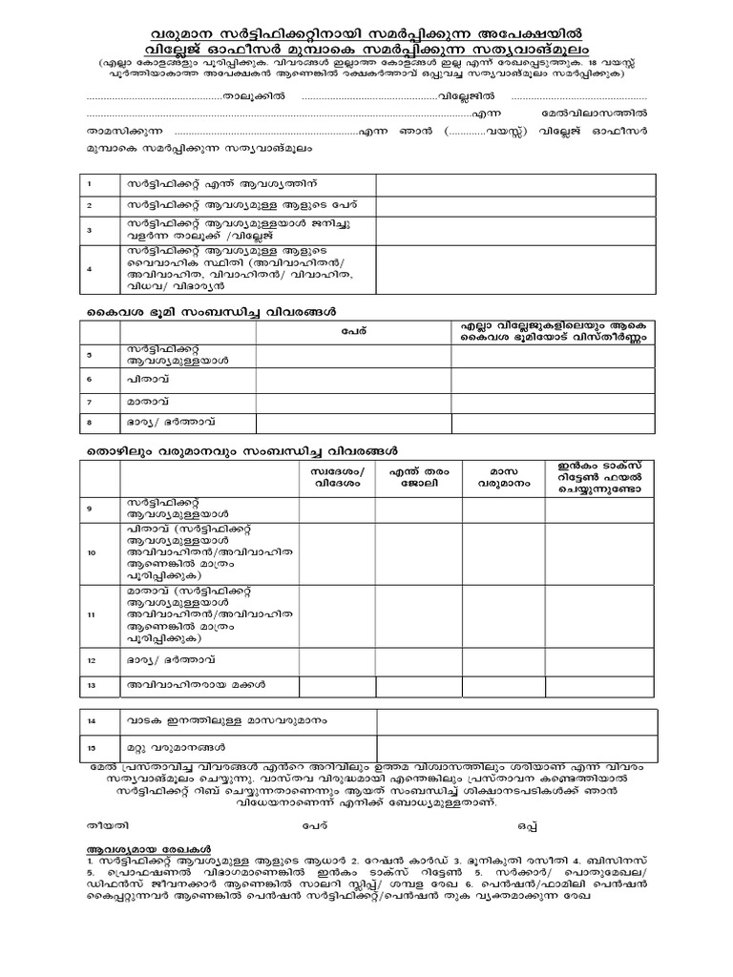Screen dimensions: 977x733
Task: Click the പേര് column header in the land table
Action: tap(353, 332)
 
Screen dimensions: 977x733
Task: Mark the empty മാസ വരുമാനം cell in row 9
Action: tap(503, 509)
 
